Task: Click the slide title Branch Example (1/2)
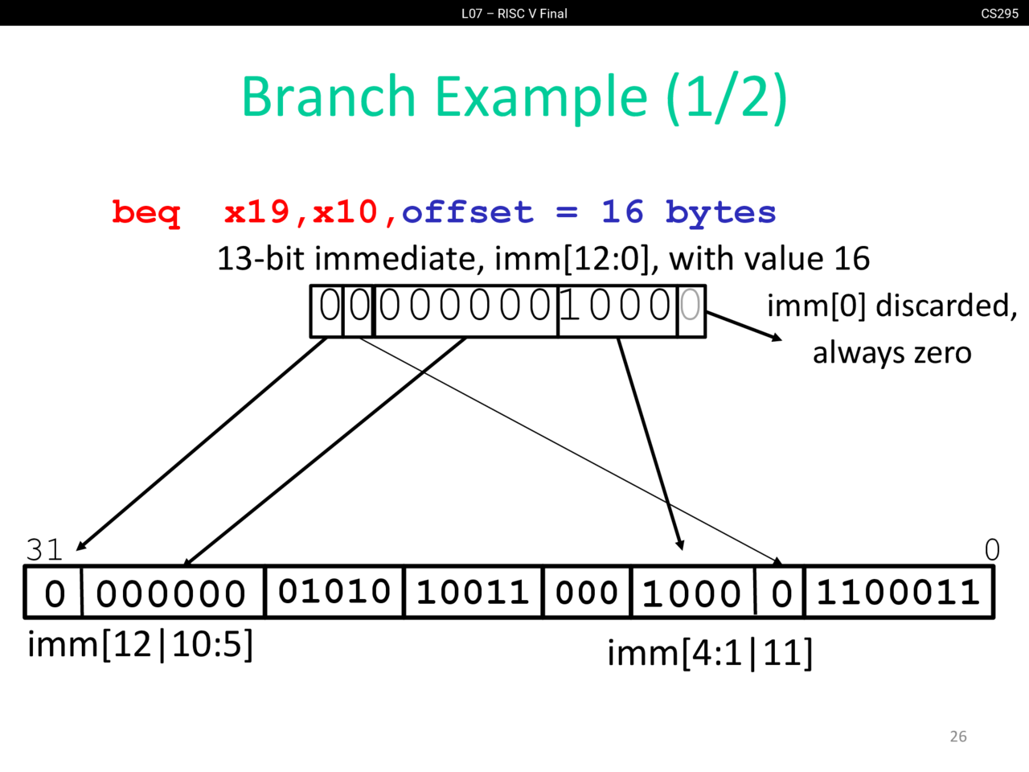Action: pos(514,96)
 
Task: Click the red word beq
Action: pos(146,213)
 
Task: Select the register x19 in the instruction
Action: pos(257,213)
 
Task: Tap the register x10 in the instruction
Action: pos(346,213)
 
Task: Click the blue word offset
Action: pos(467,213)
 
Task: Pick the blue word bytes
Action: pos(720,213)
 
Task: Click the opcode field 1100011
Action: pos(898,593)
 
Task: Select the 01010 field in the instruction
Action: pos(334,592)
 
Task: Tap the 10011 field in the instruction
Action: pos(473,593)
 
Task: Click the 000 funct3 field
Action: pos(587,593)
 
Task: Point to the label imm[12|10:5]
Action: pos(141,644)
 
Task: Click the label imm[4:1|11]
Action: pos(710,653)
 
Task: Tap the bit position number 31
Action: pos(44,550)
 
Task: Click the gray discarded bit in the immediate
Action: pos(690,306)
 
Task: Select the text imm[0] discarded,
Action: pos(892,306)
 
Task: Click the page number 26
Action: pos(958,737)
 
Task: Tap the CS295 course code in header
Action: pos(999,14)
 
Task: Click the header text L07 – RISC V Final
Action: pos(514,14)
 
